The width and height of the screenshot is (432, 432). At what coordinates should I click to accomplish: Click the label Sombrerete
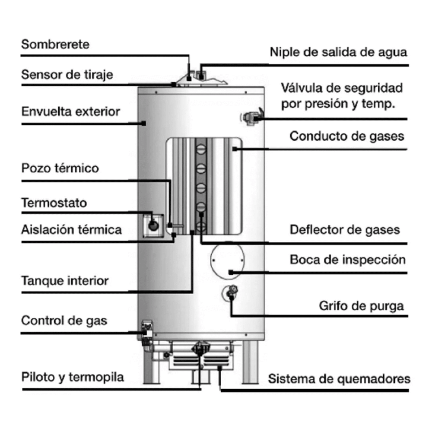coord(55,44)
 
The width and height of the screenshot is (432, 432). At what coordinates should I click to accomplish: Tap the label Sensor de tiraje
coord(67,74)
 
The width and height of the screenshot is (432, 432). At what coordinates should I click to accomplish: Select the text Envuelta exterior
coord(70,111)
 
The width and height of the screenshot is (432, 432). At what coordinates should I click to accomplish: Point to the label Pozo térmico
coord(60,168)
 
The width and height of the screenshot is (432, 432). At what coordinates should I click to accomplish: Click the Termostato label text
coord(54,203)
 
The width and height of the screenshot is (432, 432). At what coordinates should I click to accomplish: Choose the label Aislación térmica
coord(71,229)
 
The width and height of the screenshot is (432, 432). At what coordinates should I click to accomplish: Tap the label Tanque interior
coord(65,281)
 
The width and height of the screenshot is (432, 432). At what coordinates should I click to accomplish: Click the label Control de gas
coord(64,321)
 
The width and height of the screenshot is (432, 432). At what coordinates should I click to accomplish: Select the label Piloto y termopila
coord(73,377)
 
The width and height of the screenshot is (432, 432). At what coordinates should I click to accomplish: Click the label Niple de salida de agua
coord(338,52)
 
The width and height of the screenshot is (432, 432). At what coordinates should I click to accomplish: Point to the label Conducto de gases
coord(346,136)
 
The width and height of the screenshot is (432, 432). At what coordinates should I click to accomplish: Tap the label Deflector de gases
coord(345,229)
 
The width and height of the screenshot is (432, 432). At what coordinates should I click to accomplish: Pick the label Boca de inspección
coord(347,260)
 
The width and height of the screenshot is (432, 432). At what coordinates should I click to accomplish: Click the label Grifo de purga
coord(361,306)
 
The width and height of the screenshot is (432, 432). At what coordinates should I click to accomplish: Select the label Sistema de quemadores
coord(339,379)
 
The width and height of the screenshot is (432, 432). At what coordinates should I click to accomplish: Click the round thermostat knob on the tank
coord(153,225)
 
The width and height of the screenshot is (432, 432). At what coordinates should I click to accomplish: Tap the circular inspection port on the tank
coord(227,261)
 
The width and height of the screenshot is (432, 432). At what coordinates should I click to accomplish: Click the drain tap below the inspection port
coord(232,292)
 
